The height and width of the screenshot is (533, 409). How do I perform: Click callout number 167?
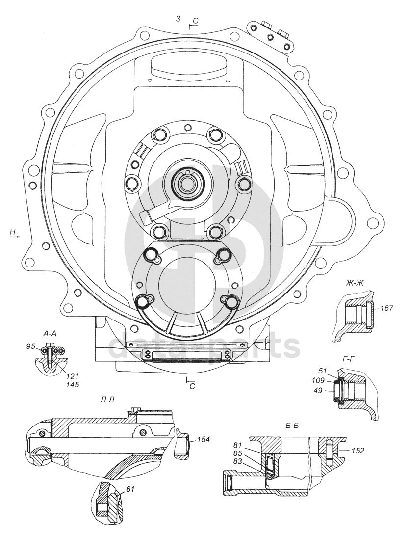(386, 308)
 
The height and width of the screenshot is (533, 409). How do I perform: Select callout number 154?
(204, 439)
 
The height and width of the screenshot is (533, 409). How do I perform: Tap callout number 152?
(358, 451)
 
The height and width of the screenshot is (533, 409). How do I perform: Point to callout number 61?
(130, 489)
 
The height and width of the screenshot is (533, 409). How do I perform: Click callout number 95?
(31, 346)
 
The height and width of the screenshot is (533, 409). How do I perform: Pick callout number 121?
(73, 376)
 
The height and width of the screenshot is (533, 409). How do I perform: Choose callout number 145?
(73, 384)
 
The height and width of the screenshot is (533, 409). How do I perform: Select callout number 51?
(322, 371)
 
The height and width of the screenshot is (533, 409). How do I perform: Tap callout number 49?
(319, 391)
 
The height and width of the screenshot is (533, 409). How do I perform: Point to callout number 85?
(237, 453)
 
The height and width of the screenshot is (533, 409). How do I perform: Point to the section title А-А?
(50, 334)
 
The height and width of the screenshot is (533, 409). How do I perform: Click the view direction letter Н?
(13, 232)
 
